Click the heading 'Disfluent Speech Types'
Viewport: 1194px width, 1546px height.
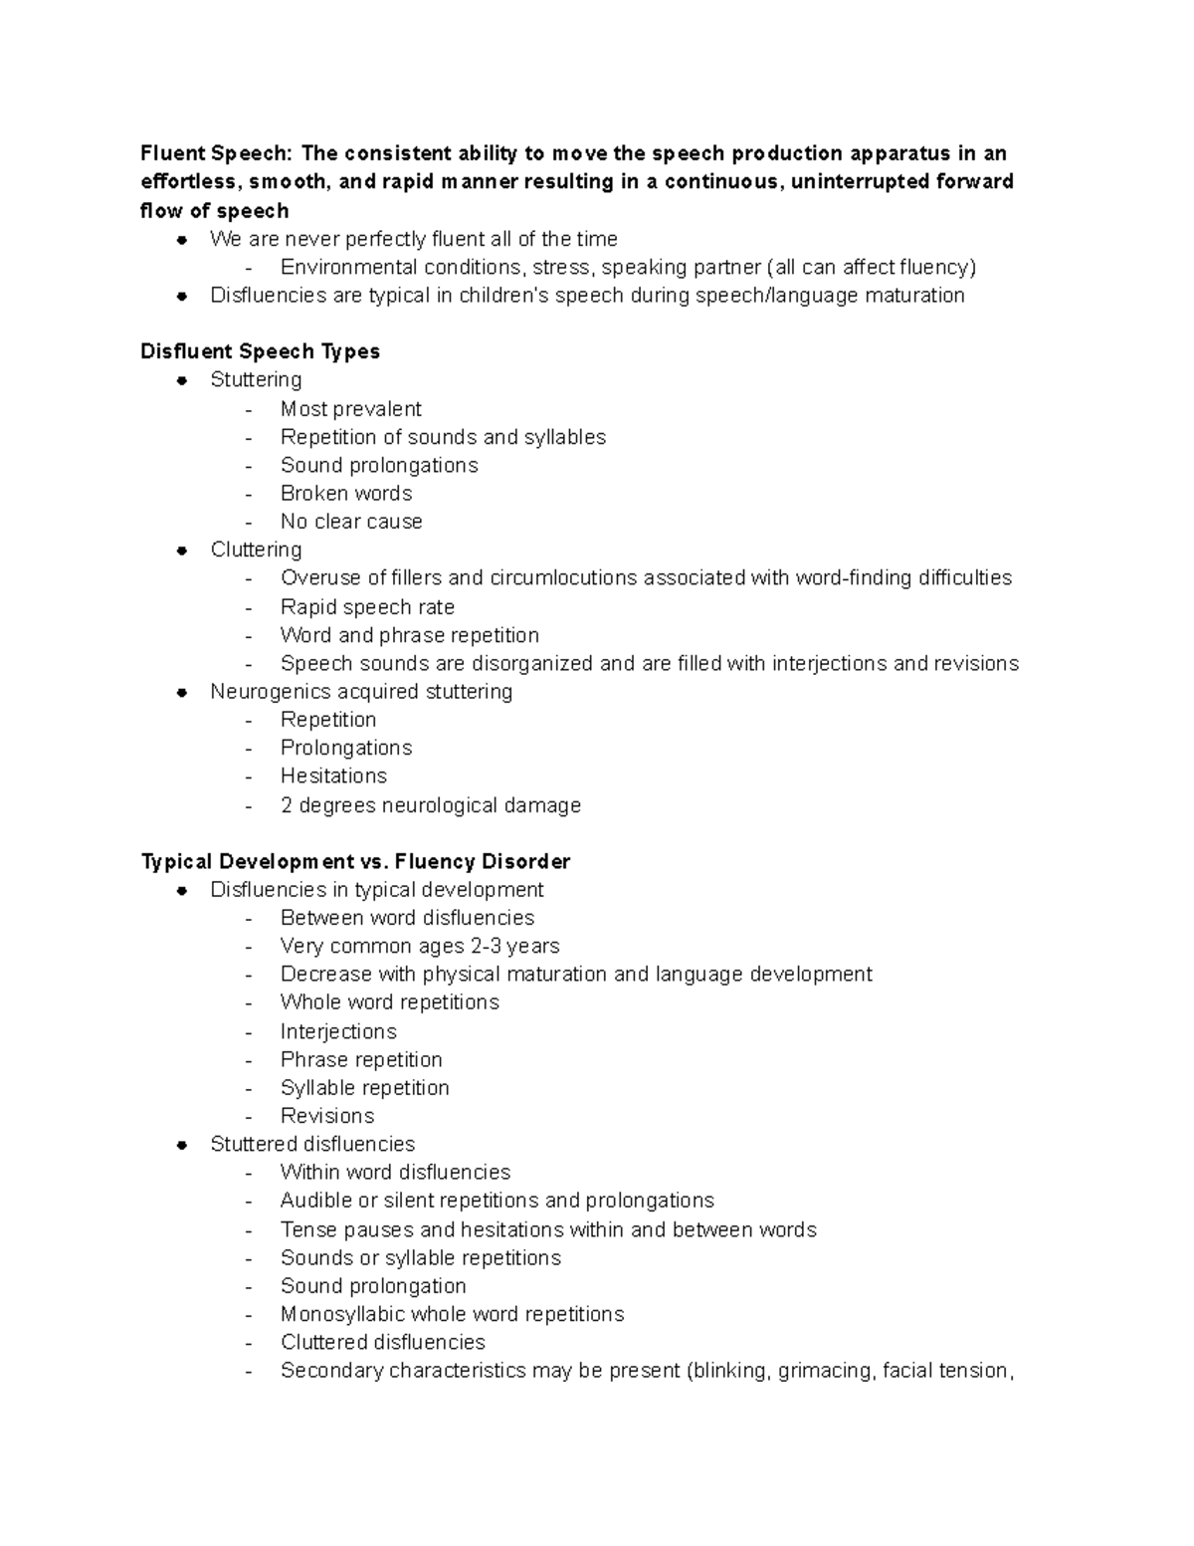pyautogui.click(x=260, y=351)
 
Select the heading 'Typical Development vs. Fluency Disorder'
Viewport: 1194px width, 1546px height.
pyautogui.click(x=355, y=861)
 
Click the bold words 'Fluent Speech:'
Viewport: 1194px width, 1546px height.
pyautogui.click(x=216, y=153)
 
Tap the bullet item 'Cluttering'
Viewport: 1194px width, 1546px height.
pyautogui.click(x=256, y=550)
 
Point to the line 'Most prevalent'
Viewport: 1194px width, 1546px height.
pyautogui.click(x=350, y=409)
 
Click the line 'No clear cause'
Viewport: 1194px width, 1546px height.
pyautogui.click(x=351, y=522)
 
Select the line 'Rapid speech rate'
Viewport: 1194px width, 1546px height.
pyautogui.click(x=367, y=607)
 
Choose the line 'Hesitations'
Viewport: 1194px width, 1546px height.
pyautogui.click(x=333, y=775)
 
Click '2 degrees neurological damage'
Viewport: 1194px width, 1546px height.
pyautogui.click(x=430, y=805)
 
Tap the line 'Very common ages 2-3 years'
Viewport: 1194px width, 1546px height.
pyautogui.click(x=420, y=946)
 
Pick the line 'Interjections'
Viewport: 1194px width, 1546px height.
pyautogui.click(x=338, y=1031)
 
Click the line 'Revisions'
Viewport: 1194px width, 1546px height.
pyautogui.click(x=327, y=1116)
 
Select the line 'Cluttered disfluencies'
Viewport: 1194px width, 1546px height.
pyautogui.click(x=382, y=1342)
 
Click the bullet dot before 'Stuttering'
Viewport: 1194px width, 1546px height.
pyautogui.click(x=182, y=380)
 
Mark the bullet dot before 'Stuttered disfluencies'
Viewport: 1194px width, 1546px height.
pyautogui.click(x=182, y=1145)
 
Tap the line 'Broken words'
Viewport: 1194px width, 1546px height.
pyautogui.click(x=345, y=494)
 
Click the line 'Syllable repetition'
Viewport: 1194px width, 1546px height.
pyautogui.click(x=364, y=1088)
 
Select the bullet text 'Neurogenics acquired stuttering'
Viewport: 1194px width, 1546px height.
pyautogui.click(x=361, y=692)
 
